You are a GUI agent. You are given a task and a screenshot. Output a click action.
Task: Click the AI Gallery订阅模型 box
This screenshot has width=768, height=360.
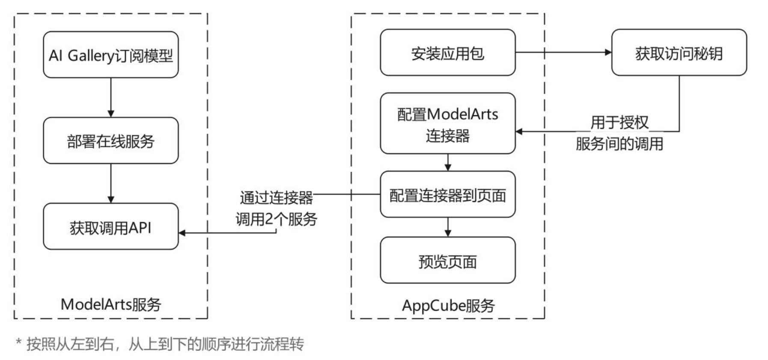(110, 55)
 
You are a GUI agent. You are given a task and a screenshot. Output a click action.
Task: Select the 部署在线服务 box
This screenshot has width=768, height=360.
(110, 141)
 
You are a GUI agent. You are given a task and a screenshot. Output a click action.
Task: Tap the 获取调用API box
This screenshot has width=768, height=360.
(110, 227)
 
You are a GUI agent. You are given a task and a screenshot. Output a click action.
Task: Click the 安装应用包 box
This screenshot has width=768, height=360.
(447, 53)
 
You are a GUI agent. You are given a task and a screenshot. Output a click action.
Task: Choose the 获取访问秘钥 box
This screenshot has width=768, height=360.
(679, 53)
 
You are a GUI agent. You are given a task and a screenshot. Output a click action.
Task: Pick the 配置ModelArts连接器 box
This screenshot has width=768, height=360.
(447, 124)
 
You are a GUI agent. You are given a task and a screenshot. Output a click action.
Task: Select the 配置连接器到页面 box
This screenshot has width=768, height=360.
(447, 195)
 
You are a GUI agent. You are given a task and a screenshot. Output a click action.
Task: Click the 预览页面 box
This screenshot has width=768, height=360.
(447, 261)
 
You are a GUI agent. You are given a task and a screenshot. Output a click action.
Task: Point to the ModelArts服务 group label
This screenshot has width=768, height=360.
(110, 304)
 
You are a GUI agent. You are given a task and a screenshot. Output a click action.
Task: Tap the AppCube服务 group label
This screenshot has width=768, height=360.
(448, 305)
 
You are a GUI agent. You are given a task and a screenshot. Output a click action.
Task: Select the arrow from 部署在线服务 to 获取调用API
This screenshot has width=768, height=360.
(111, 183)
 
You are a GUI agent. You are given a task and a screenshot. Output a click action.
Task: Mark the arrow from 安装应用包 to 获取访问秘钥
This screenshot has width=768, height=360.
(563, 52)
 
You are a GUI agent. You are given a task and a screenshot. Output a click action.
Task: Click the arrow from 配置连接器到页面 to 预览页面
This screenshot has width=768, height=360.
(448, 227)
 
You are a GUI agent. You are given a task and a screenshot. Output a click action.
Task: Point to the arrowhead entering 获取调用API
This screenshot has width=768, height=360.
(182, 233)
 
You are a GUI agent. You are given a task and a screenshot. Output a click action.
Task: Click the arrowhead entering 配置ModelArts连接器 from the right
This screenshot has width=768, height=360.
(519, 131)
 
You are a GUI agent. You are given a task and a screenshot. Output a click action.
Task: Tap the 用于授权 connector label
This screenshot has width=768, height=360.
(619, 123)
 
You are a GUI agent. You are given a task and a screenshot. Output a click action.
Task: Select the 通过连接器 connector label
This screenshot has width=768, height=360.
(276, 197)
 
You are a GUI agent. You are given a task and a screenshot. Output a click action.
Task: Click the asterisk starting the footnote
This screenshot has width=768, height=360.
(18, 342)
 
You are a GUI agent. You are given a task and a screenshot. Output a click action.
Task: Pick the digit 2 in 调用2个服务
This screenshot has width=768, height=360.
(269, 219)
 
